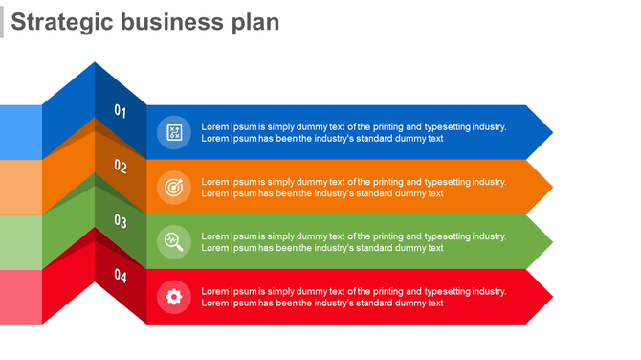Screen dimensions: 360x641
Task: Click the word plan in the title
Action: (x=254, y=21)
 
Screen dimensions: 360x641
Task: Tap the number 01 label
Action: (x=121, y=111)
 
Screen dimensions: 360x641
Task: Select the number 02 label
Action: (x=121, y=166)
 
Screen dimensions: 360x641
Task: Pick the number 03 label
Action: (x=121, y=221)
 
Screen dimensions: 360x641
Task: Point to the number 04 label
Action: (x=121, y=276)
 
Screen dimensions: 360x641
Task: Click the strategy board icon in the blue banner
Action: (x=173, y=132)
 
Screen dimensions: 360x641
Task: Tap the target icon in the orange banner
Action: (x=173, y=187)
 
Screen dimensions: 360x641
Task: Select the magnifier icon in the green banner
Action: (x=173, y=241)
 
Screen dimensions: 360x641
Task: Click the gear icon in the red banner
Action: (x=173, y=296)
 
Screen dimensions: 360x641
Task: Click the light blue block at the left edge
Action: (x=20, y=132)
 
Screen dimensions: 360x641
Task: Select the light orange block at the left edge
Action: (x=20, y=187)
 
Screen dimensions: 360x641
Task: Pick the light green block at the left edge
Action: (x=20, y=241)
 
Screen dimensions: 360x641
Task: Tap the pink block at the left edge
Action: (x=20, y=297)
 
